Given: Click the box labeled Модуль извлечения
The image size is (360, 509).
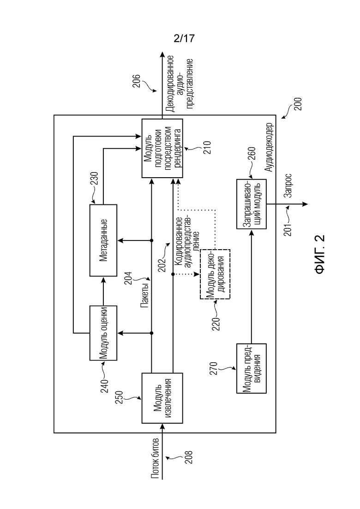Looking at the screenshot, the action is [x=162, y=398].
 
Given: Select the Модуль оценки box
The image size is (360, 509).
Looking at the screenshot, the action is [x=103, y=333].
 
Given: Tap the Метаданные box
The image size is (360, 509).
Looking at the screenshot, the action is [x=103, y=240].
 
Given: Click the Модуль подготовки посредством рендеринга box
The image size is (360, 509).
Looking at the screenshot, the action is [x=162, y=148].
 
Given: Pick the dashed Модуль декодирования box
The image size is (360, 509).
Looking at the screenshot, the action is [x=215, y=274].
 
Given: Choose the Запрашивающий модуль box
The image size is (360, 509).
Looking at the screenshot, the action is [x=251, y=204].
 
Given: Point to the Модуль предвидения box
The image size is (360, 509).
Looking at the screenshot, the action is [x=251, y=368].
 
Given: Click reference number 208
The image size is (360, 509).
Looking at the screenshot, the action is [x=188, y=457].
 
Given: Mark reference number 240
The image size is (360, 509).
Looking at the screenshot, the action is [x=104, y=386].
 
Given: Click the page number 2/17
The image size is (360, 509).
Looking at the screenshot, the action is [x=184, y=38].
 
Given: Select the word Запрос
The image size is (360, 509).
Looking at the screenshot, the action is [x=288, y=186].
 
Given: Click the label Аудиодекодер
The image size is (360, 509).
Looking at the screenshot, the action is [x=269, y=147].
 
